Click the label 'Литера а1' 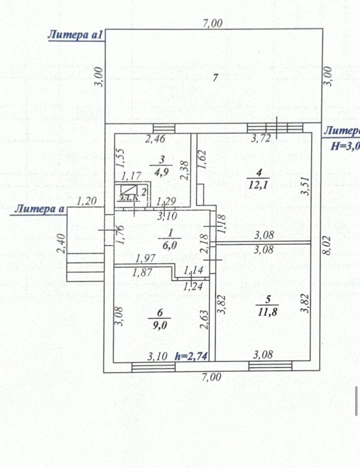(75, 35)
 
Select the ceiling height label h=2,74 (191, 356)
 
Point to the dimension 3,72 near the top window (261, 138)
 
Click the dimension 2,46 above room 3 (155, 138)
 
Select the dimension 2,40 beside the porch (61, 244)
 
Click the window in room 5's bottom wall (270, 366)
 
